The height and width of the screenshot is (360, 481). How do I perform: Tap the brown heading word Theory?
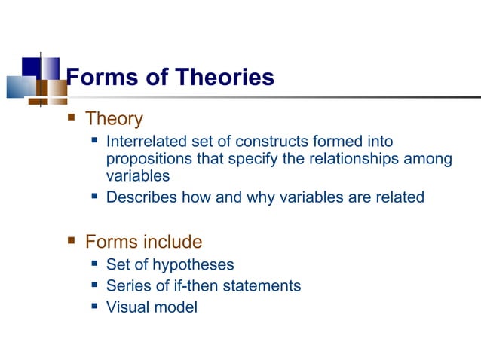pyautogui.click(x=114, y=119)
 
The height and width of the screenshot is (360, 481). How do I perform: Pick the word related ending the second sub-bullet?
pyautogui.click(x=400, y=197)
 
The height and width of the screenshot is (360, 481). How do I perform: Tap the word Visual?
pyautogui.click(x=127, y=307)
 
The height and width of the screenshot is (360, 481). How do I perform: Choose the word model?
pyautogui.click(x=174, y=307)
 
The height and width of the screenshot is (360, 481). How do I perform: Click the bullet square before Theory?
pyautogui.click(x=72, y=118)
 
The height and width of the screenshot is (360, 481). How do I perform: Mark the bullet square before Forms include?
pyautogui.click(x=72, y=242)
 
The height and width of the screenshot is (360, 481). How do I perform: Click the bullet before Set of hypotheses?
pyautogui.click(x=94, y=264)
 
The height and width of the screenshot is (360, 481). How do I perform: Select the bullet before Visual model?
pyautogui.click(x=94, y=307)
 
